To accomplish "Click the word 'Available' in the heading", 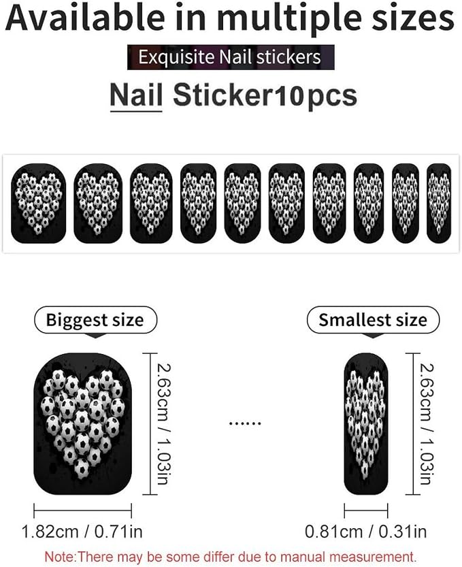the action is pos(85,18).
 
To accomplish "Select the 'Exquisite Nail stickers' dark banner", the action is pos(231,57).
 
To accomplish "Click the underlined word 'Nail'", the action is pos(136,96).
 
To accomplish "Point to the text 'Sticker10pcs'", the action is pos(265,96).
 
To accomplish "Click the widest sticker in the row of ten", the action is pos(39,203).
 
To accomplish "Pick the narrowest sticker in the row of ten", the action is pos(439,203).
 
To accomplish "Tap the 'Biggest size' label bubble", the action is pos(95,320).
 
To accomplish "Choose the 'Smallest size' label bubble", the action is pos(373,320).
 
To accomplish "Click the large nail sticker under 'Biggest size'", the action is pos(82,424).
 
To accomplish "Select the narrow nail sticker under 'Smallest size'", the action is pos(366,424).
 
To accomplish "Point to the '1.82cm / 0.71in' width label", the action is pos(82,532).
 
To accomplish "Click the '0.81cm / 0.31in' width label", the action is pos(366,532).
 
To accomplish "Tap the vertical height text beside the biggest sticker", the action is pos(163,424).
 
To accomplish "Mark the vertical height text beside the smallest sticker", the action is pos(426,424).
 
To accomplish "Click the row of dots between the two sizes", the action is pos(245,423).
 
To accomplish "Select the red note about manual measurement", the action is pos(231,556).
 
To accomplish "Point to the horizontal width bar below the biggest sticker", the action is pos(82,511).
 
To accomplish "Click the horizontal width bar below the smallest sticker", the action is pos(366,511).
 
